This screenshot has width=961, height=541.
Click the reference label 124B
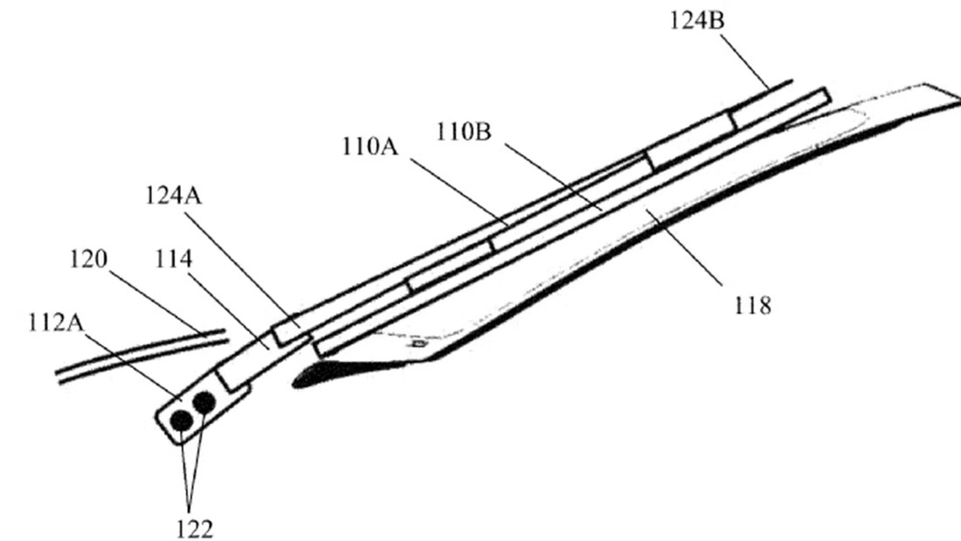pos(696,21)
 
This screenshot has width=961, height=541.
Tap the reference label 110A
pos(370,147)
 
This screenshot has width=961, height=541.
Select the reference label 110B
pos(464,132)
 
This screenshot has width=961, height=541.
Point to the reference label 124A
pos(174,196)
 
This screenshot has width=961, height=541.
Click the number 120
pos(88,259)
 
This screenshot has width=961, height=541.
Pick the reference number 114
pos(174,259)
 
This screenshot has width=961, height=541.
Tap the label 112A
pos(56,322)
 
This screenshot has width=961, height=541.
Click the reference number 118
pos(752,305)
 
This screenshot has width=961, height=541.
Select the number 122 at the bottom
pos(195,529)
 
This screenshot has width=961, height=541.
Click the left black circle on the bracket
pos(181,420)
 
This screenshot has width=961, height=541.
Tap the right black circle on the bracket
pos(204,402)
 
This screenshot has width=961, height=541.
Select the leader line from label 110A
pos(459,192)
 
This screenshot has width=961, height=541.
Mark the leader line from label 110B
pos(553,177)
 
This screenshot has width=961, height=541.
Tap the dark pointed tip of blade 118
pos(297,383)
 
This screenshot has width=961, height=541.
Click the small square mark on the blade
pos(419,344)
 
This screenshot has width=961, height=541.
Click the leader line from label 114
pos(228,310)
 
